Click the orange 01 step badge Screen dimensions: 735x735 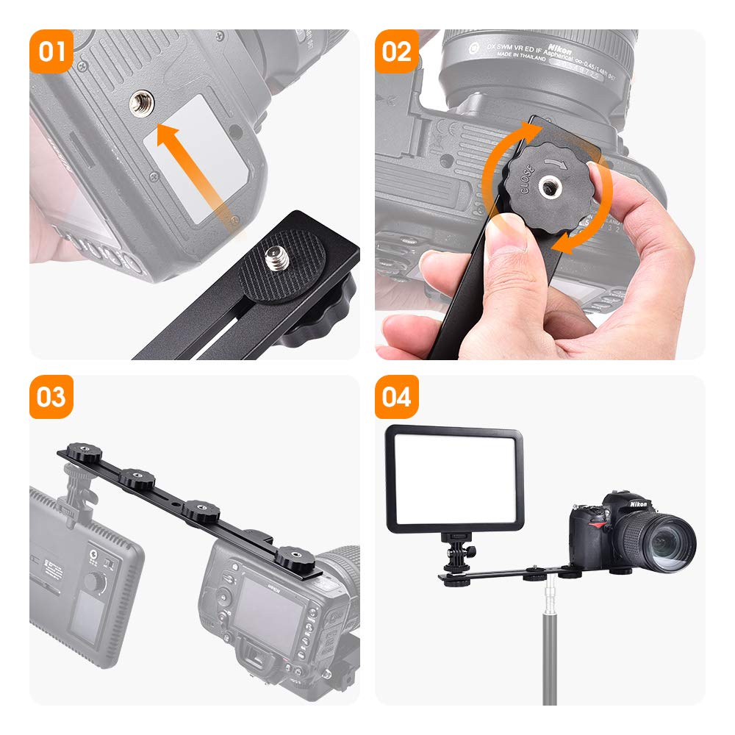tap(51, 51)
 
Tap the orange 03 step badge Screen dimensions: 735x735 tap(51, 397)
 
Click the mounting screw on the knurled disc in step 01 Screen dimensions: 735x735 tap(273, 259)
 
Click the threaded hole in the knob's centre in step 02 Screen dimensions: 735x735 tap(549, 187)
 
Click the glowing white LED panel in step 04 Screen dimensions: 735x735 tap(454, 478)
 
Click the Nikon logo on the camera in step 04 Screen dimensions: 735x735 tap(637, 504)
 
